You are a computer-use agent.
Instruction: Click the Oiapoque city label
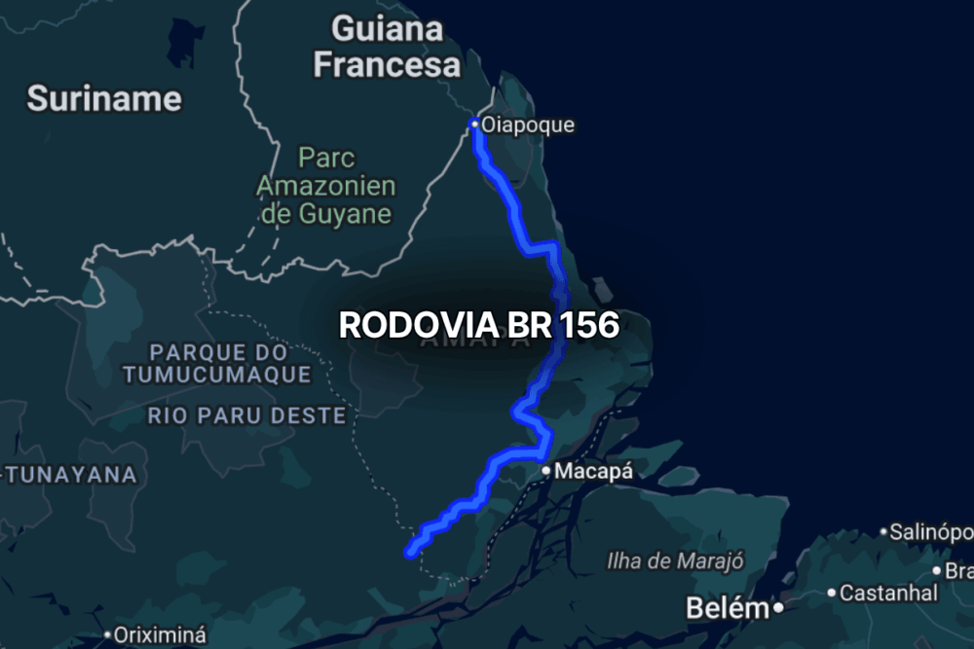click(x=528, y=125)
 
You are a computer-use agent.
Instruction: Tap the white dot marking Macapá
click(x=547, y=472)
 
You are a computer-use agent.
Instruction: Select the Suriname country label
click(x=104, y=98)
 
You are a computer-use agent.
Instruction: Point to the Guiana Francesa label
click(x=387, y=46)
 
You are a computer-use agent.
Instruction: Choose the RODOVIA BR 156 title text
click(x=478, y=325)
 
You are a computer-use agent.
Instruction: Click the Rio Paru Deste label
click(x=246, y=416)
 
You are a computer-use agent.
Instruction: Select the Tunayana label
click(x=70, y=475)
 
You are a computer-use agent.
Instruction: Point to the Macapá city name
click(x=594, y=472)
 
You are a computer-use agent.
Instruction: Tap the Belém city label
click(x=728, y=609)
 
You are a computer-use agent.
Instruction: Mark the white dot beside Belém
click(x=779, y=610)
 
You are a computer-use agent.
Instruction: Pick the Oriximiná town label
click(x=159, y=634)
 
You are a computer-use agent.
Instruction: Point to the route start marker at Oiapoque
click(x=474, y=125)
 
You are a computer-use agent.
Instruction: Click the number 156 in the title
click(x=589, y=325)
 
